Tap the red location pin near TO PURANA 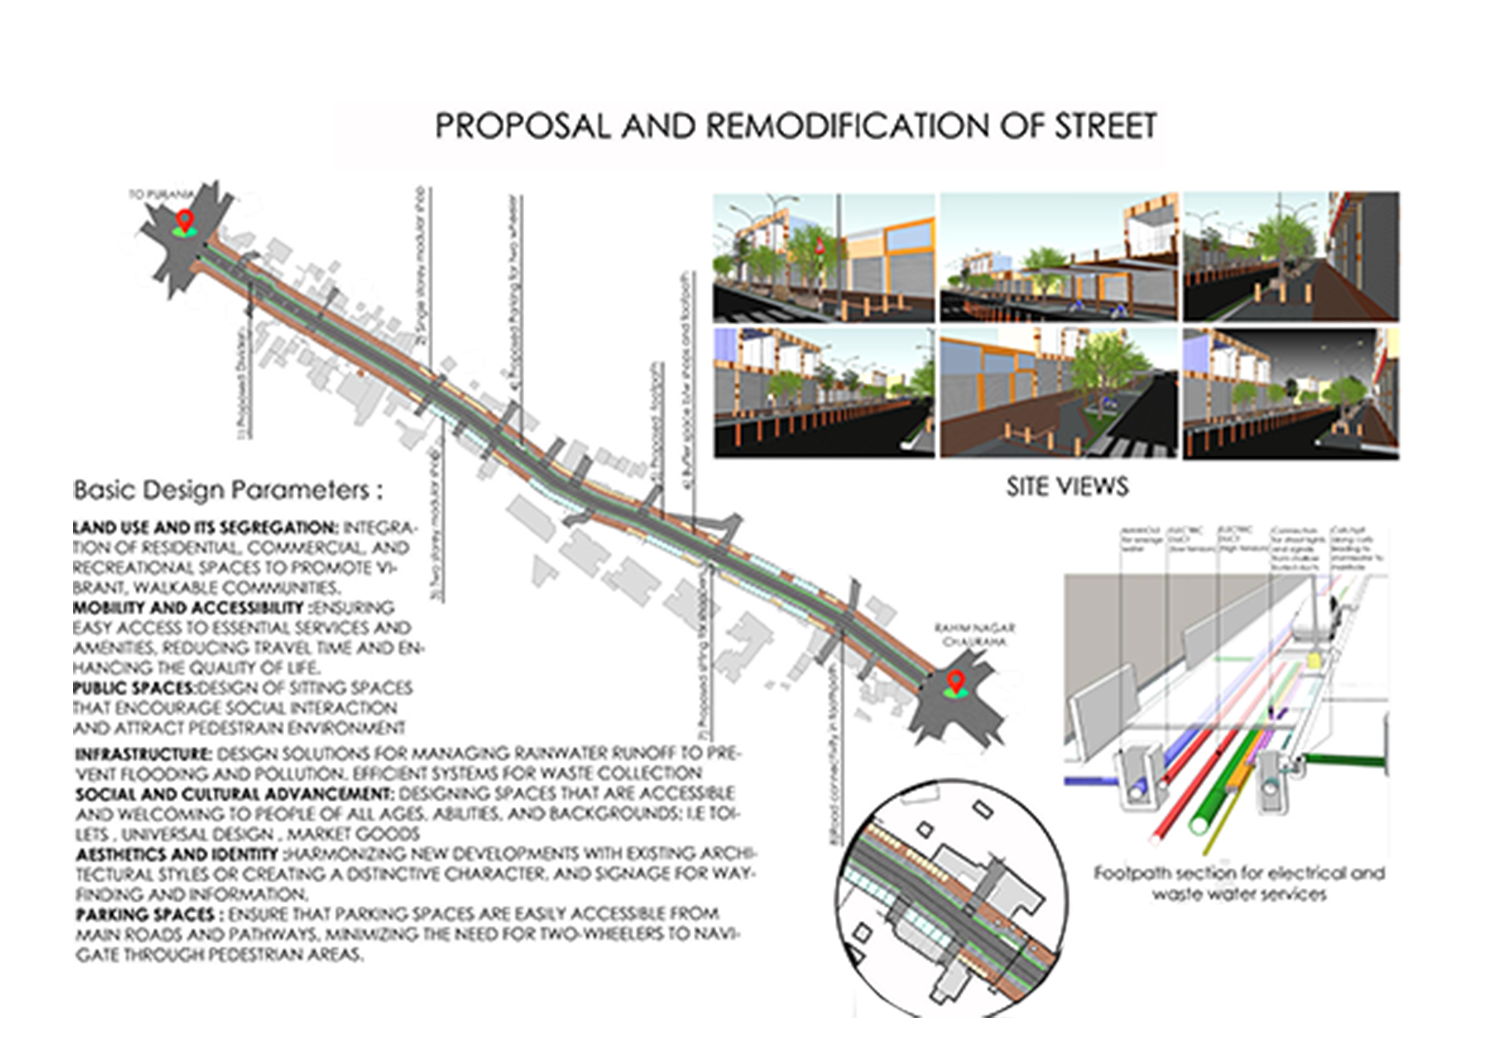[185, 220]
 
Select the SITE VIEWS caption [1067, 487]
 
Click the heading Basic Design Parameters [227, 490]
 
